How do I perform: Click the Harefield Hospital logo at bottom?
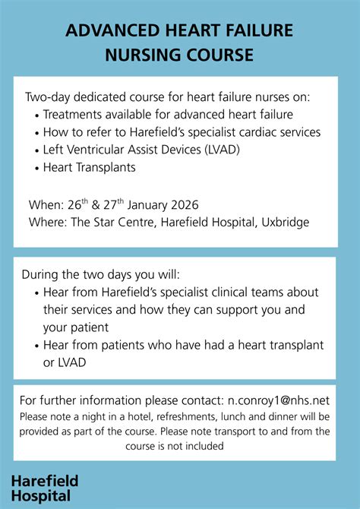pos(45,488)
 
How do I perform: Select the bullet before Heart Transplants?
pos(36,167)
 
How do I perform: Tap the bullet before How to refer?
pos(36,132)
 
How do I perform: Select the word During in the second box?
pos(40,274)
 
